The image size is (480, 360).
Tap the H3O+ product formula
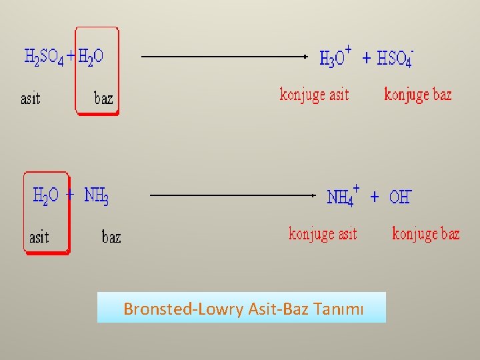pyautogui.click(x=335, y=57)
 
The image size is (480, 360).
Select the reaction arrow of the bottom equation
pyautogui.click(x=233, y=195)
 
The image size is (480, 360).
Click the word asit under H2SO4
pyautogui.click(x=31, y=99)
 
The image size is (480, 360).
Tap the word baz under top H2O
pyautogui.click(x=103, y=99)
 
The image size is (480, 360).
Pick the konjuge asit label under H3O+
pyautogui.click(x=314, y=94)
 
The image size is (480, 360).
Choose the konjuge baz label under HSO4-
pyautogui.click(x=418, y=94)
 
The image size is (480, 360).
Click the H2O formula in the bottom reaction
pyautogui.click(x=46, y=195)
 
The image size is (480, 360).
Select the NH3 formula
pyautogui.click(x=97, y=195)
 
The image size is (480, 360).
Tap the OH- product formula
pyautogui.click(x=400, y=197)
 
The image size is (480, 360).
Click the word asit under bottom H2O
pyautogui.click(x=39, y=237)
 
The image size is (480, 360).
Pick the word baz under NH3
pyautogui.click(x=111, y=237)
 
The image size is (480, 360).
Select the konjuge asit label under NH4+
pyautogui.click(x=323, y=233)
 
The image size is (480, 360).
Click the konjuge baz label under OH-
pyautogui.click(x=426, y=233)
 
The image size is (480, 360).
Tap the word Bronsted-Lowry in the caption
pyautogui.click(x=184, y=309)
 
